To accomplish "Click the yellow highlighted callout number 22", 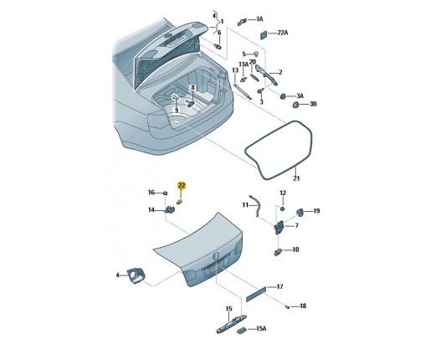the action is (x=182, y=185).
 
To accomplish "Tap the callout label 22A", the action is (x=283, y=33).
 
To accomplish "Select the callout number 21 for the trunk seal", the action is (x=296, y=178).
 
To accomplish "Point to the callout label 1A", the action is (x=259, y=19).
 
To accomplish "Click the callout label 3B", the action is (x=313, y=104).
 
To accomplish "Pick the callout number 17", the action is (x=279, y=286).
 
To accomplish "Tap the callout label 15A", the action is (x=261, y=329).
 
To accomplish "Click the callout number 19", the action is (x=316, y=211).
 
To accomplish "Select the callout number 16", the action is (x=151, y=193).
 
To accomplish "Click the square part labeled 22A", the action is (x=263, y=35).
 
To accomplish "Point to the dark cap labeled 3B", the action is (x=295, y=105).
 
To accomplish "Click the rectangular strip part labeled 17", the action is (x=256, y=295).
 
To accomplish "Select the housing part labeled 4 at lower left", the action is (x=136, y=275).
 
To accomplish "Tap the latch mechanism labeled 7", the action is (x=279, y=227).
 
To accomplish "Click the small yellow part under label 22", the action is (x=180, y=202).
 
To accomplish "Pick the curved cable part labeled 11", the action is (x=257, y=205).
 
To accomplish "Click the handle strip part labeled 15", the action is (x=232, y=323).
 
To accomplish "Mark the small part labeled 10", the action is (x=278, y=252).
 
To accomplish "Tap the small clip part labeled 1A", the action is (x=242, y=22).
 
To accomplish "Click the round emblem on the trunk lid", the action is (x=215, y=255).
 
